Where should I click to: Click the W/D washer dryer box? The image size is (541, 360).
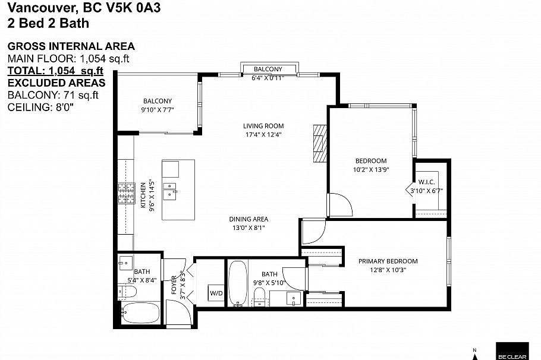214,293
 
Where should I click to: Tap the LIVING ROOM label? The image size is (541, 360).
263,126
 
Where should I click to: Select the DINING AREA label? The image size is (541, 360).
249,219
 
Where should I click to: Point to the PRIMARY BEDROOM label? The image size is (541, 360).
388,261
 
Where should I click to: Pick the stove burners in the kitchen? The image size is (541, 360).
126,192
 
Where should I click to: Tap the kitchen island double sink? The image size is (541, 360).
171,190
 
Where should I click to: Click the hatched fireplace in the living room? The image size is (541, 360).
320,143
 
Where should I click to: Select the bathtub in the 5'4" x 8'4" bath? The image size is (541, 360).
140,312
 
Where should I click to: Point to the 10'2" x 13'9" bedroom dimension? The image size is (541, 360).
371,169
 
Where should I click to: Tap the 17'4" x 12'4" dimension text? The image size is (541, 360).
263,134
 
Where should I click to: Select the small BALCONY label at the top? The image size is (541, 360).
268,70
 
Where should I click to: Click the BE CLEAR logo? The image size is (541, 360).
512,350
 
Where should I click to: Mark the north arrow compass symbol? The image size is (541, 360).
474,354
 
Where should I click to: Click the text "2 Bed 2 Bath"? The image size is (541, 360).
48,24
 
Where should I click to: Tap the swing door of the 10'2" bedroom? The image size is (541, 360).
341,205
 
